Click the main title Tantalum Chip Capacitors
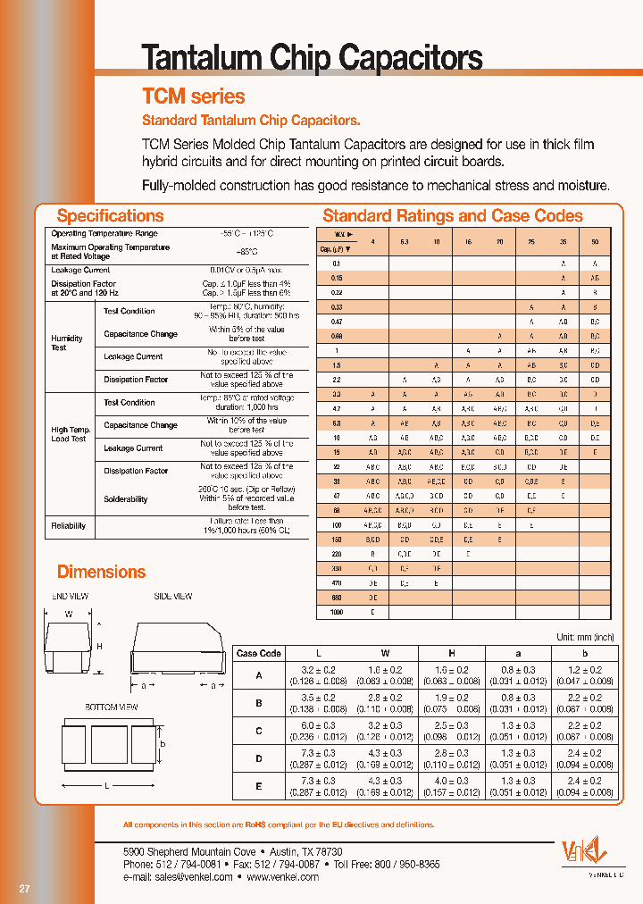pos(313,58)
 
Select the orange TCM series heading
pos(194,96)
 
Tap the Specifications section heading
pos(110,215)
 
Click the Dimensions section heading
pos(101,572)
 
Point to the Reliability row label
pos(69,526)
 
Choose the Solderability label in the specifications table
pos(126,499)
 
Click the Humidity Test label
pos(67,343)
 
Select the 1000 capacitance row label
pos(336,613)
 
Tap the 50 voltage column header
pos(595,242)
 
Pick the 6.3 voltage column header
pos(405,242)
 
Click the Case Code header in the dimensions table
pos(259,653)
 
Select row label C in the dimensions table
pos(259,731)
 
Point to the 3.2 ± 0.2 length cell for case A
pos(317,669)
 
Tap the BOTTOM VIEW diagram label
pos(112,707)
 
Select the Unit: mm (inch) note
pos(586,637)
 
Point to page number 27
pos(24,888)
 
